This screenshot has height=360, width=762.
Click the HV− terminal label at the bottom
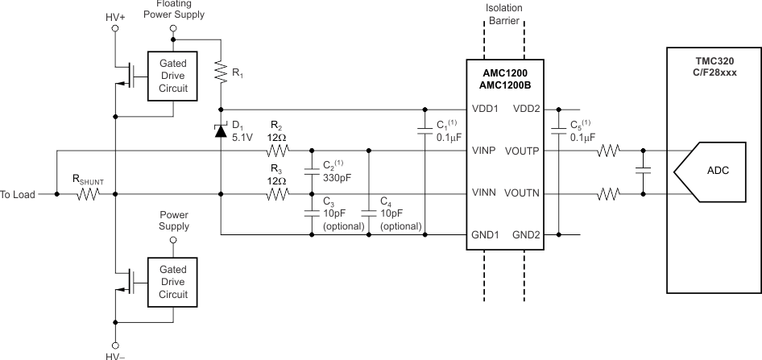(115, 354)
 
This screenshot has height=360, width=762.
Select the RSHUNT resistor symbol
(86, 194)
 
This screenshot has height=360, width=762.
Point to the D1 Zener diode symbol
(220, 130)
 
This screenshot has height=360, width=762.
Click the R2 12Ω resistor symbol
(277, 151)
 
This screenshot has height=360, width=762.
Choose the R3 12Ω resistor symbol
(277, 194)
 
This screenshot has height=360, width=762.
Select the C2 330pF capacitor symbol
(311, 172)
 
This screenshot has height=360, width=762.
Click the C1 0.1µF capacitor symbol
(424, 128)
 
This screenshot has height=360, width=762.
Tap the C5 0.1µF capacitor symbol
(556, 130)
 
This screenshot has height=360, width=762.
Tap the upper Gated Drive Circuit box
(173, 76)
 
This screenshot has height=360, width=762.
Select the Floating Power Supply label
(175, 10)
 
